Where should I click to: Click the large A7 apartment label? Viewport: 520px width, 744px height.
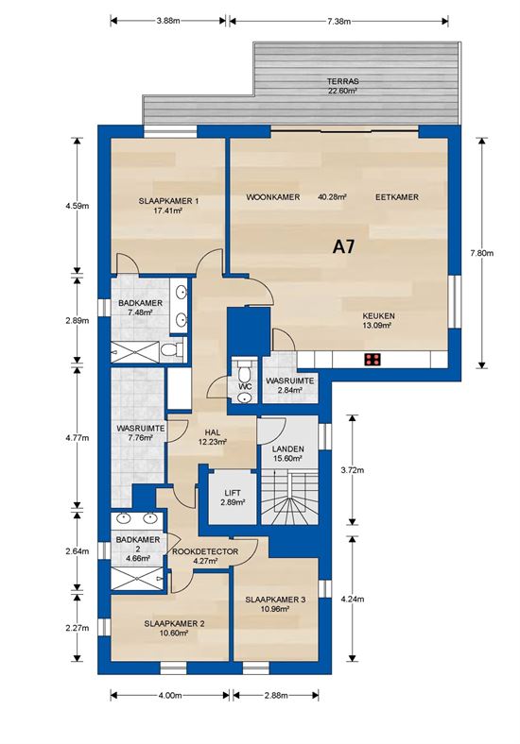pos(344,248)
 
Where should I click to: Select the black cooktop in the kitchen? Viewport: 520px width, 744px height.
pos(373,359)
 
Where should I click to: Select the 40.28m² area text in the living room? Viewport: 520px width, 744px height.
pos(332,197)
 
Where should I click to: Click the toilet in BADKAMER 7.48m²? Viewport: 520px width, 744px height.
pos(169,351)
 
